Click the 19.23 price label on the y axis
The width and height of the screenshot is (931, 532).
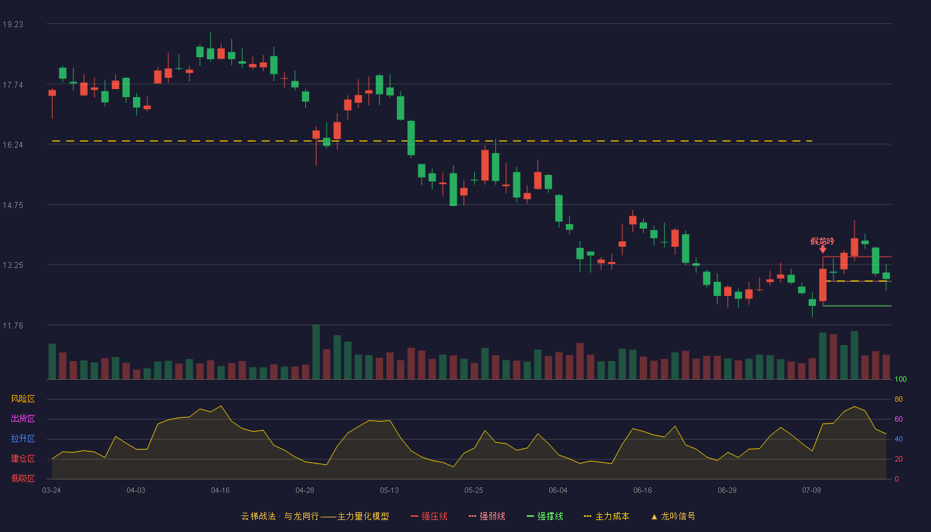(13, 25)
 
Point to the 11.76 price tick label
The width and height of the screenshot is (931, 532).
(13, 325)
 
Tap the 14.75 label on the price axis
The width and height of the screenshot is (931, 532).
(13, 205)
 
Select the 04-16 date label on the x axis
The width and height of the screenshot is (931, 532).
(220, 491)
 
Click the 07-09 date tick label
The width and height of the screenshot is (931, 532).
(811, 491)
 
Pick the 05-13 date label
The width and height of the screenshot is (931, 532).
(389, 491)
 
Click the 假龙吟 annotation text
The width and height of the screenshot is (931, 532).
(822, 241)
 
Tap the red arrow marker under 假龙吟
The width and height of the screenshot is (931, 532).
(823, 249)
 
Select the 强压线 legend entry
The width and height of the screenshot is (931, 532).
(429, 516)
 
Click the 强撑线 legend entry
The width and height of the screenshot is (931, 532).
(545, 516)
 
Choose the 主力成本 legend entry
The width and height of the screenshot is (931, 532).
(606, 516)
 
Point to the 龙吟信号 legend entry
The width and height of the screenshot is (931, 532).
(673, 516)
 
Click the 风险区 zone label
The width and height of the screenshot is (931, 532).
(23, 399)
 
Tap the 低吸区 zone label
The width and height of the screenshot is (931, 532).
(23, 478)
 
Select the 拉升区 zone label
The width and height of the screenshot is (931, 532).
(23, 438)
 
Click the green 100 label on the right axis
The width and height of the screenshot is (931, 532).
(900, 379)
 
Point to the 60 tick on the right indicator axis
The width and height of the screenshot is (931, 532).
(898, 419)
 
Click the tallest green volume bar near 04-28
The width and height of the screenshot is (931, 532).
(316, 352)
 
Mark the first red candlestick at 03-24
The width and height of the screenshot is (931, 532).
(52, 93)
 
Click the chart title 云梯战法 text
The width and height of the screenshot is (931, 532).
(258, 516)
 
